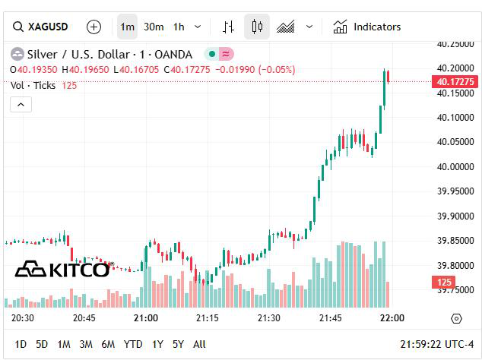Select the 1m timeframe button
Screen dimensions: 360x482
click(127, 27)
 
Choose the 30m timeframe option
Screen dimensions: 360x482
click(154, 27)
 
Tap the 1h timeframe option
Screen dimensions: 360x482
click(179, 27)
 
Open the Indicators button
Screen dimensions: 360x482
click(367, 27)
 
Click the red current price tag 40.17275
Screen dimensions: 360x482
click(455, 81)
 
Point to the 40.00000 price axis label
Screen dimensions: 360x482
click(455, 166)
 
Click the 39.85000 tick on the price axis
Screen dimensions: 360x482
click(455, 241)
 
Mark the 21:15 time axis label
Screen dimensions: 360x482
click(208, 317)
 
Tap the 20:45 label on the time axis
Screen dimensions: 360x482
click(84, 317)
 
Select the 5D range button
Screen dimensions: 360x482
click(42, 344)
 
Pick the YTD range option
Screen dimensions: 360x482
click(133, 344)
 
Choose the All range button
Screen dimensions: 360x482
click(199, 344)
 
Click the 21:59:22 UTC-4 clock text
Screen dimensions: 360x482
click(436, 344)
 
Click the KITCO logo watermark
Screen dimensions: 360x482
click(62, 269)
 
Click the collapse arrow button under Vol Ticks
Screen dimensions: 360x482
click(21, 105)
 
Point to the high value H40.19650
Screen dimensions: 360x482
click(86, 70)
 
